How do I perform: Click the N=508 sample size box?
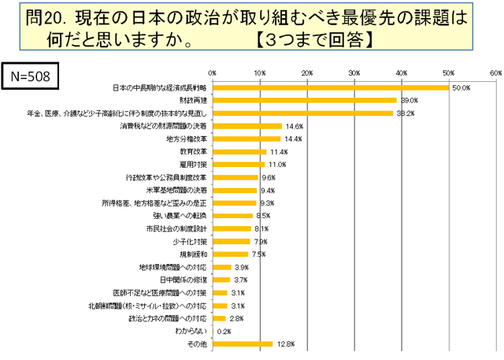coord(31,76)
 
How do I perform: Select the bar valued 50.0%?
coord(330,87)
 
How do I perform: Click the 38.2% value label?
coord(405,113)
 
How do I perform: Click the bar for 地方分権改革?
coord(246,139)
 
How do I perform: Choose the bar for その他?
coord(243,343)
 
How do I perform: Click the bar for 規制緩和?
coord(230,254)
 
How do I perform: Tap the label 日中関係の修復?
coord(183,280)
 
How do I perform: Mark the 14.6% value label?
coord(293,126)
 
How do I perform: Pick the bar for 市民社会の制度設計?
coord(232,228)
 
